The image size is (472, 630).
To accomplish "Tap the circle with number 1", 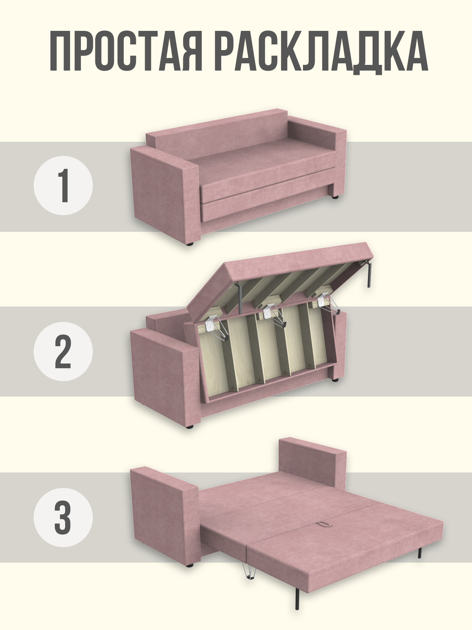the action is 63,186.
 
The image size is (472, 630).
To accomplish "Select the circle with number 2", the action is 63,352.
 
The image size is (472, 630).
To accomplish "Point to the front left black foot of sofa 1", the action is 189,243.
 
